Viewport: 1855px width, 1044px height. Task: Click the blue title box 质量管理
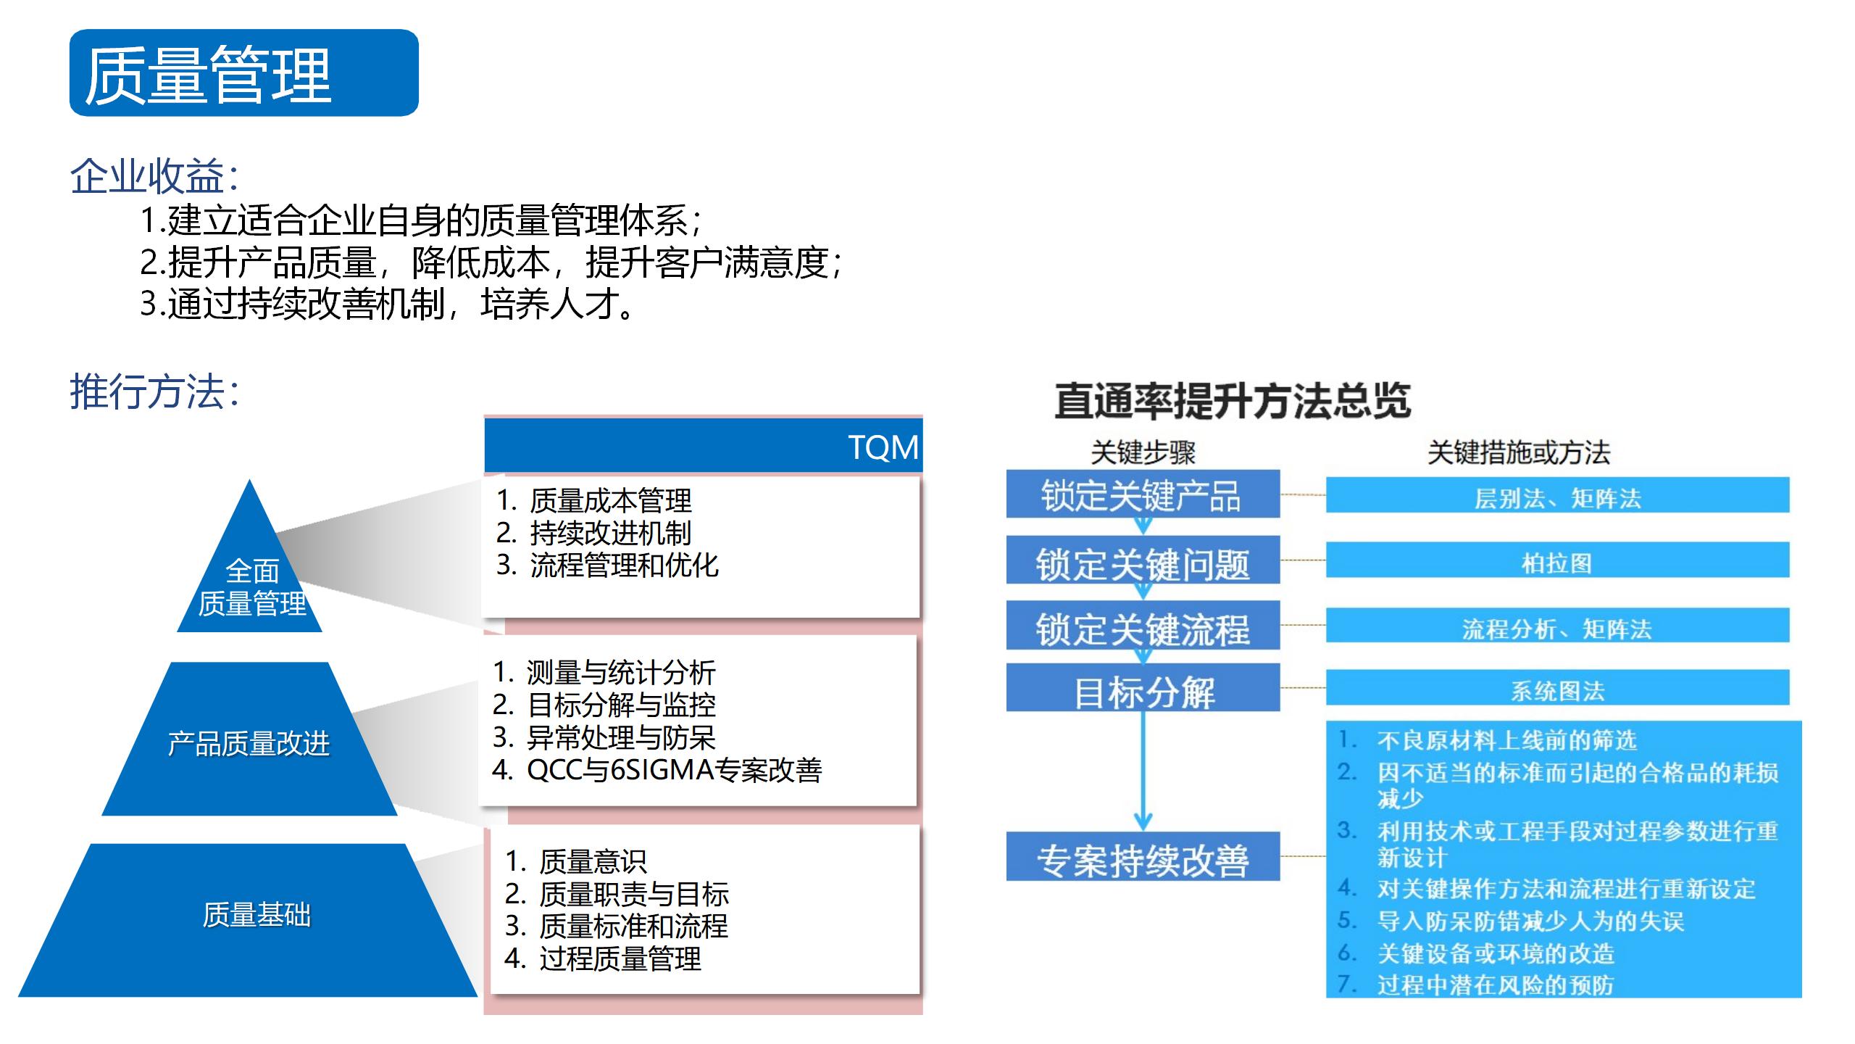tap(244, 72)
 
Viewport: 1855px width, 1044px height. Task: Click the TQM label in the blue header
tap(883, 447)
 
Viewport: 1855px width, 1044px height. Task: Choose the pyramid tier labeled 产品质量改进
tap(249, 739)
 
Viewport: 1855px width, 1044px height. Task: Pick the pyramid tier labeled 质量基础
tap(248, 919)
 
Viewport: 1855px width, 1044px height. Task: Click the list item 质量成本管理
tap(594, 500)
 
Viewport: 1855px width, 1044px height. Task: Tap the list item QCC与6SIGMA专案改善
tap(657, 770)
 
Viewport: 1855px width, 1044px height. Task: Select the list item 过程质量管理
tap(603, 958)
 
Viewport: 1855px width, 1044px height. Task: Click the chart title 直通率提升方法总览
tap(1233, 400)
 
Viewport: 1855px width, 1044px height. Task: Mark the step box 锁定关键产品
tap(1143, 494)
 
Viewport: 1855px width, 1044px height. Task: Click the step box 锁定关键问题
tap(1143, 560)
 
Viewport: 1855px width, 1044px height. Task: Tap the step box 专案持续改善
tap(1143, 856)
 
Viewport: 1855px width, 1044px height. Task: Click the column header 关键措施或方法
tap(1519, 452)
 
